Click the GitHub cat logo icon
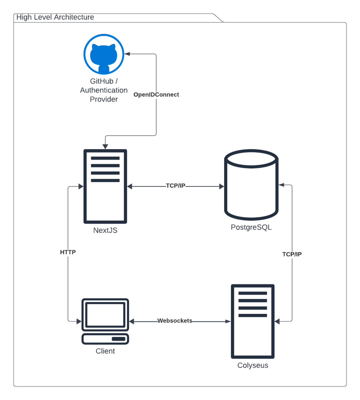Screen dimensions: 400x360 pos(104,54)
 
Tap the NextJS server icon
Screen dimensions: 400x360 pos(105,186)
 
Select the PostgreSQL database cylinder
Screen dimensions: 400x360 pos(251,185)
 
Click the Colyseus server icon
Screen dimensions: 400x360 pos(253,321)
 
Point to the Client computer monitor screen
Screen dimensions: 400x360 pos(105,315)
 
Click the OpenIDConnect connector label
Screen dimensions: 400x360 pos(156,95)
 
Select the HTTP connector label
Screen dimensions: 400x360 pos(68,252)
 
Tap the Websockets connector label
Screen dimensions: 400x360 pos(175,321)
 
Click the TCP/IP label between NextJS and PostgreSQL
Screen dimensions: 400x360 pos(175,186)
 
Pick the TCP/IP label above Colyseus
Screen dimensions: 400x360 pos(292,254)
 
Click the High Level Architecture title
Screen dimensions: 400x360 pos(55,17)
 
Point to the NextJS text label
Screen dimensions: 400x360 pos(105,230)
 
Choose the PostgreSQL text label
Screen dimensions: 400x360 pos(251,227)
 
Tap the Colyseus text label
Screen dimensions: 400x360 pos(253,366)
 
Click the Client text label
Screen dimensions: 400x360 pos(105,351)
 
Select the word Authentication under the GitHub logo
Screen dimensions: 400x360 pos(104,90)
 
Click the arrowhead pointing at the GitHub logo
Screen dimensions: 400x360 pos(127,54)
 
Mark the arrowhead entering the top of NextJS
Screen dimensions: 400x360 pos(105,147)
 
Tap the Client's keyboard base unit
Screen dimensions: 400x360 pos(105,339)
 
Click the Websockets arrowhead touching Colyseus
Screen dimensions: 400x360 pos(228,321)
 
